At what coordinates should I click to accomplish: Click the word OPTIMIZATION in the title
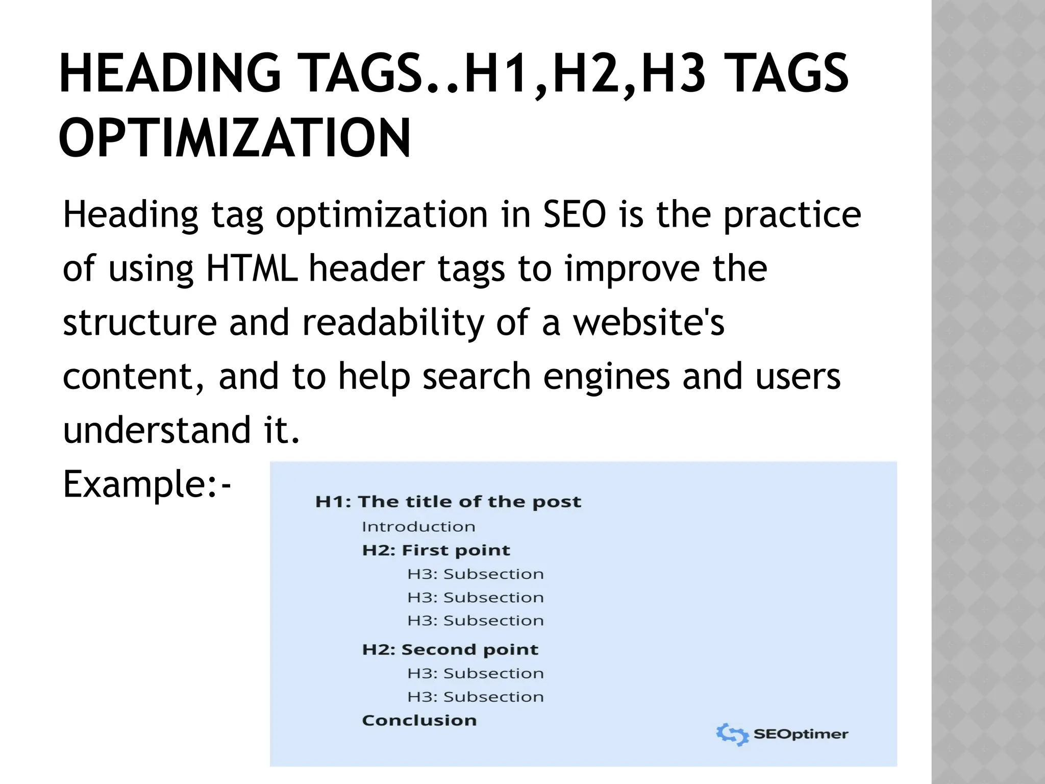click(x=235, y=138)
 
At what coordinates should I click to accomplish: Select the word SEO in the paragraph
click(x=574, y=214)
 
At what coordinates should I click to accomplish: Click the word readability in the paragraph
click(x=393, y=323)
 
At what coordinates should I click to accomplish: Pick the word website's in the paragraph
click(x=649, y=323)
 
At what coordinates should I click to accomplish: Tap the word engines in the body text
click(x=606, y=376)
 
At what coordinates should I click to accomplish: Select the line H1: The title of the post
click(x=448, y=502)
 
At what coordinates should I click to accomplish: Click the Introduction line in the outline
click(x=418, y=526)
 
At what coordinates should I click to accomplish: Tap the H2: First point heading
click(x=436, y=550)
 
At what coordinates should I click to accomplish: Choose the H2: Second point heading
click(x=450, y=649)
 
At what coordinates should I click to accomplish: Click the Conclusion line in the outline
click(x=419, y=720)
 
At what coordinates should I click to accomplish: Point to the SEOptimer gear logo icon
click(x=732, y=734)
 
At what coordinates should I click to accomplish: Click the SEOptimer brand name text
click(x=801, y=734)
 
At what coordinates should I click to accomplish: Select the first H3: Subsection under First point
click(x=476, y=574)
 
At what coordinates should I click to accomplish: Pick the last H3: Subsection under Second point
click(x=476, y=697)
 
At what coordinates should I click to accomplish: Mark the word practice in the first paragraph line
click(x=792, y=214)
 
